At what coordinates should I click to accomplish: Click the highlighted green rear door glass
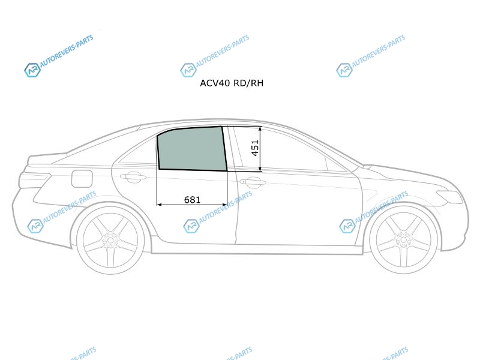tap(192, 149)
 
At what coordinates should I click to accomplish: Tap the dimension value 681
tap(192, 200)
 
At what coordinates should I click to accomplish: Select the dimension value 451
tap(255, 148)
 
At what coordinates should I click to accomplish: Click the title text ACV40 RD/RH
tap(232, 83)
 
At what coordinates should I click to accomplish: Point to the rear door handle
tap(133, 176)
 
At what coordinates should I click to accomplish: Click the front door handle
tap(253, 182)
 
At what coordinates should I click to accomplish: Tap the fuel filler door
tap(82, 178)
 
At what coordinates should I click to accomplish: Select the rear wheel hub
tap(110, 240)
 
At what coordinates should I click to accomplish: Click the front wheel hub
tap(403, 239)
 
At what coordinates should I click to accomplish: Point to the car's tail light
tap(34, 180)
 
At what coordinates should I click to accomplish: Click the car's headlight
tap(449, 197)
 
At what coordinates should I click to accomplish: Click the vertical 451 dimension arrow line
tap(260, 149)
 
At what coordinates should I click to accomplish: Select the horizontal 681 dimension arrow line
tap(192, 205)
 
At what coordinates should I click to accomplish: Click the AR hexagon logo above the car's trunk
tap(32, 70)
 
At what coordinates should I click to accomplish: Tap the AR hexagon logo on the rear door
tap(191, 226)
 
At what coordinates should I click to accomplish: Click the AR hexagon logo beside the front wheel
tap(347, 226)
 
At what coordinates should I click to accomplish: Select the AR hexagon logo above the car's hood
tap(344, 70)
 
